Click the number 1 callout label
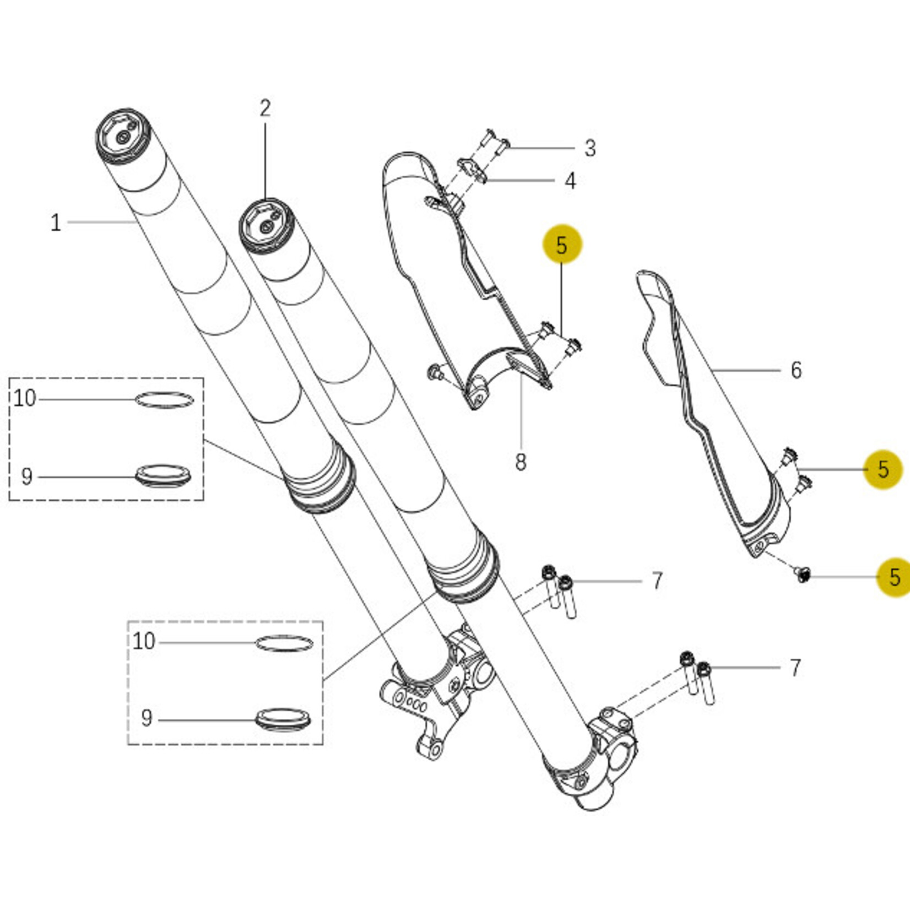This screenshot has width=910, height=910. pos(56,223)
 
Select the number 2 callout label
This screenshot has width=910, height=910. pos(265,109)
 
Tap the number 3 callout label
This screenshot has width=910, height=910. pos(590,148)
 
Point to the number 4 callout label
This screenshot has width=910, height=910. pos(571,181)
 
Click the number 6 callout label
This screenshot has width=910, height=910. pos(796,370)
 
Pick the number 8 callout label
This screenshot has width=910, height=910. pos(521,462)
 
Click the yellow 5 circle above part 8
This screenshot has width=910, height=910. pos(562,244)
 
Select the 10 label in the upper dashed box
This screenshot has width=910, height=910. pos(25,398)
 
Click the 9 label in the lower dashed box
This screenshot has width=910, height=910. pos(146,718)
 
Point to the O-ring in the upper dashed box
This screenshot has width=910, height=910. pos(165,400)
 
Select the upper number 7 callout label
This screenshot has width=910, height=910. pos(657,581)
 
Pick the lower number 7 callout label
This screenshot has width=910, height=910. pos(795,668)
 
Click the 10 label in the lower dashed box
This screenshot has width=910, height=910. pos(144,641)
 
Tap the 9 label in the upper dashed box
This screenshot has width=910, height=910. pos(26,476)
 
